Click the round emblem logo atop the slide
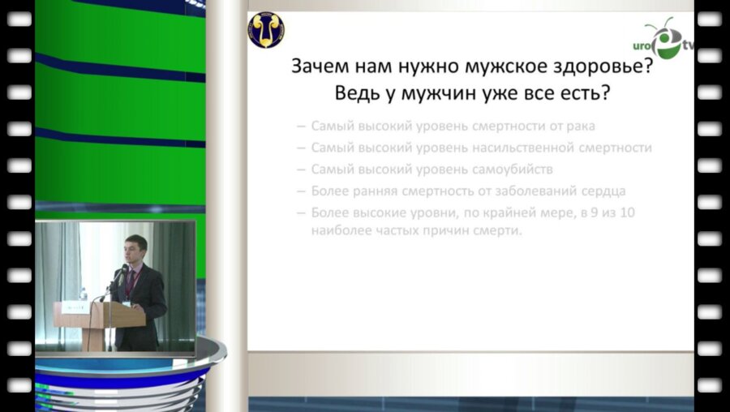point(266,30)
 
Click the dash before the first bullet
point(301,126)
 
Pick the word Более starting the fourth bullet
point(331,191)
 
